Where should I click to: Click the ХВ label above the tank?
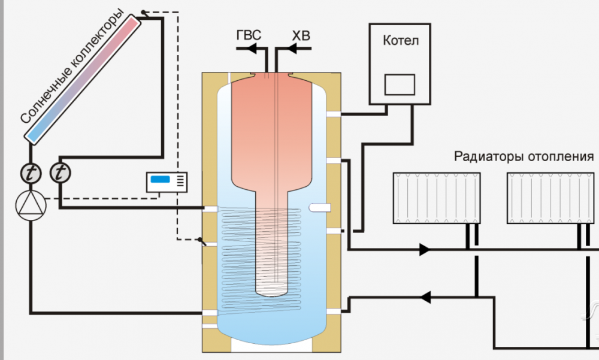pos(301,37)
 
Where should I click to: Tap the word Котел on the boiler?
pos(400,41)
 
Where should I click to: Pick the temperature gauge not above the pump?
pos(59,174)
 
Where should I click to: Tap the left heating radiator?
pos(438,198)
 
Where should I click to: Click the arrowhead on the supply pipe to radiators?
pos(425,249)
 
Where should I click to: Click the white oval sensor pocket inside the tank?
pos(320,207)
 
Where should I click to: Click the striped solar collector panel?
pos(84,78)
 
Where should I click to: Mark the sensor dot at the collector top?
pos(143,13)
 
